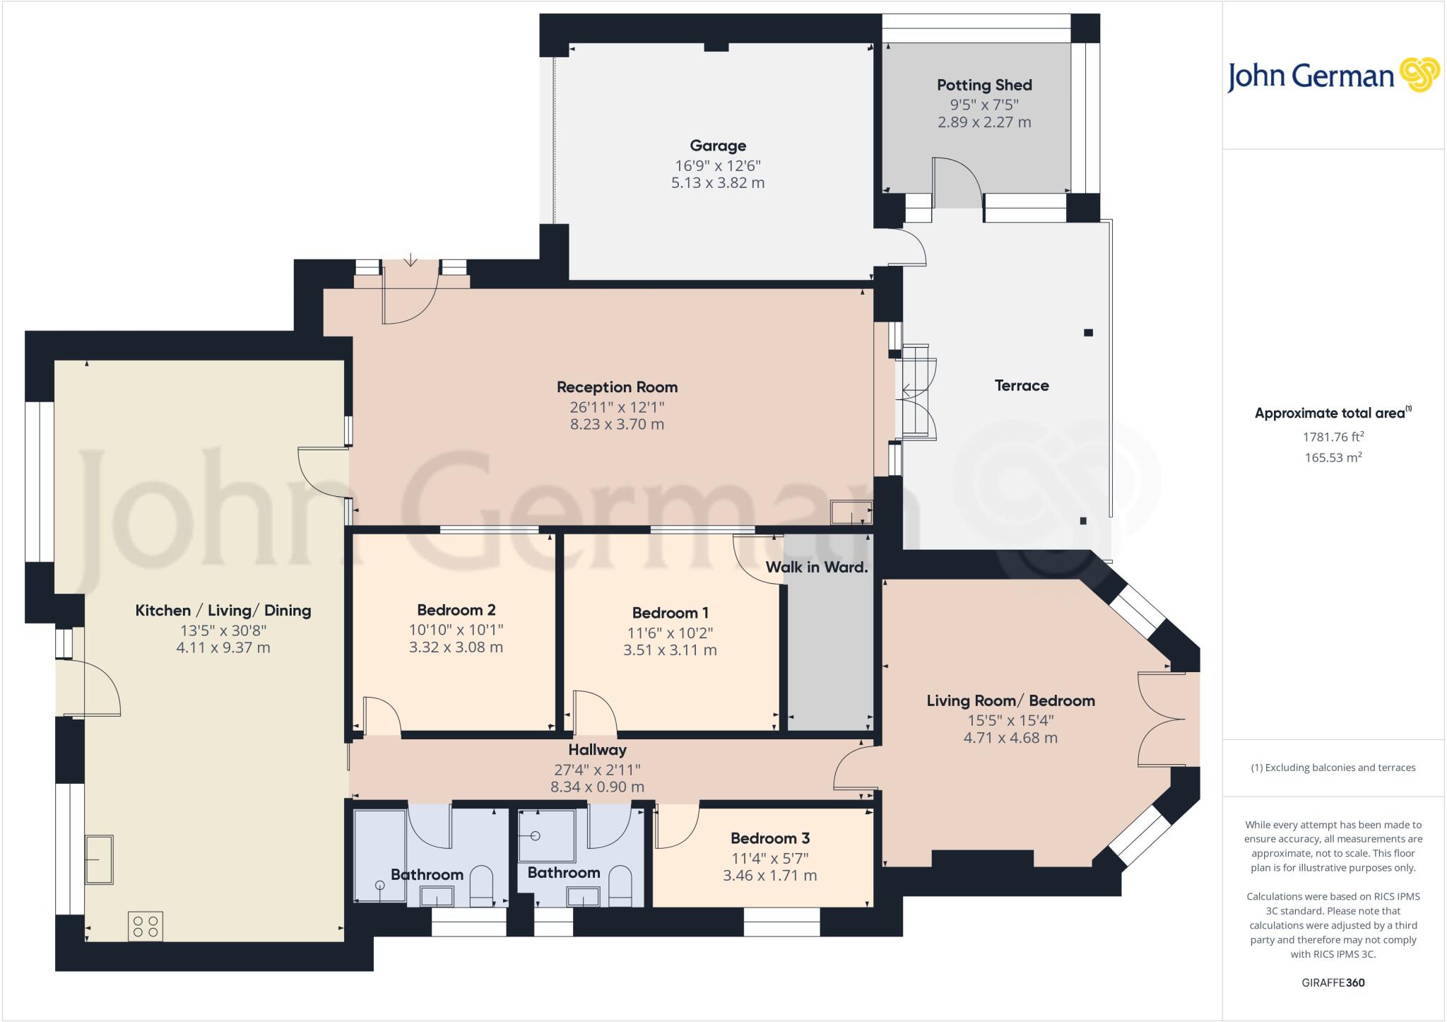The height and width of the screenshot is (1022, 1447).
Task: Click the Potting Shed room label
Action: pos(984,86)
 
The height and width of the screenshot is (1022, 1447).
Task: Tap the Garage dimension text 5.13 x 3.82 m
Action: pos(718,183)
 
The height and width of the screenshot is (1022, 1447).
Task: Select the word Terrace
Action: pos(1021,386)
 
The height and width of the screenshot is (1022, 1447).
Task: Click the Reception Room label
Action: pos(617,387)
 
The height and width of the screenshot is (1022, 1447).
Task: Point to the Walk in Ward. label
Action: pos(816,568)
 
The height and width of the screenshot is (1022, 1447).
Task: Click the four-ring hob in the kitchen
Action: pos(146,927)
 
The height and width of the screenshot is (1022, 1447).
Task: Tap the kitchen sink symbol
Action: pos(99,859)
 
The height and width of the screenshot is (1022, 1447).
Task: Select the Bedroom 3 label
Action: pos(769,839)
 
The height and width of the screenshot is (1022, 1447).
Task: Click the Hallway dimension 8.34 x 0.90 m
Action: pos(597,787)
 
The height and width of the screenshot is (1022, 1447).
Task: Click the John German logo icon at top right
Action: pos(1419,74)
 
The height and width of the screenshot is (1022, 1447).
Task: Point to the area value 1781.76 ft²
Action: pos(1333,437)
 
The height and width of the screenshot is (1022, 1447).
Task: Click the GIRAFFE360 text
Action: pos(1333,982)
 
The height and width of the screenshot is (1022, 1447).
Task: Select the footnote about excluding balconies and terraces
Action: pos(1333,768)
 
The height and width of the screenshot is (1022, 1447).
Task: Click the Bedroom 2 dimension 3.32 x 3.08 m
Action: pos(456,647)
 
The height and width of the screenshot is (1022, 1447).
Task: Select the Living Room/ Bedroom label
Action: pos(1010,701)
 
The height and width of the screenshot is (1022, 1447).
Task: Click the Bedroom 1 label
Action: pos(670,613)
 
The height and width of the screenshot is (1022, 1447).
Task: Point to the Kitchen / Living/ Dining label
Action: pos(223,611)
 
